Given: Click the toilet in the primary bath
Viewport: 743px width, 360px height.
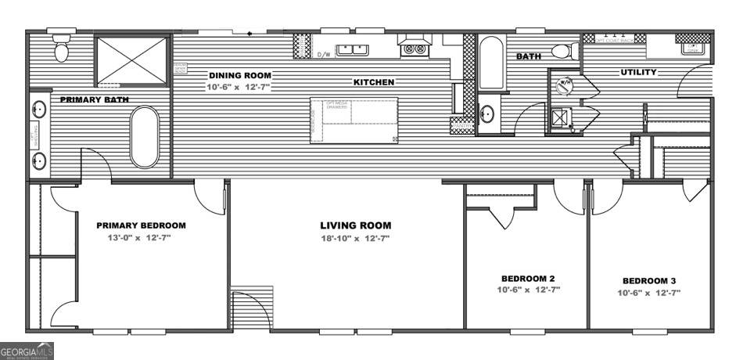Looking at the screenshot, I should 61,49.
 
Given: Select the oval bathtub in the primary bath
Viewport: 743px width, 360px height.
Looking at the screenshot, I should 145,137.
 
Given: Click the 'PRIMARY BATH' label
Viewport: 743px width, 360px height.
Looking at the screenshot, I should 95,99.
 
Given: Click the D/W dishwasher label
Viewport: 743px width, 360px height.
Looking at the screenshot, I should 324,55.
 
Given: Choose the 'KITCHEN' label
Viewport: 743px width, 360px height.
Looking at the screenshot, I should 373,82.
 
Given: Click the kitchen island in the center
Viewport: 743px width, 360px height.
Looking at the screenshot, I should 354,121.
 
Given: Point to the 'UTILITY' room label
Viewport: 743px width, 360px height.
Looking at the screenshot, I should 638,73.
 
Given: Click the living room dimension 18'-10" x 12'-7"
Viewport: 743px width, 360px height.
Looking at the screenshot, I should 355,238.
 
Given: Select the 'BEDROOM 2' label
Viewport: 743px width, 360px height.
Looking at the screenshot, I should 527,278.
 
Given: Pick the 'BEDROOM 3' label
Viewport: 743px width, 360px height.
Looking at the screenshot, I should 649,281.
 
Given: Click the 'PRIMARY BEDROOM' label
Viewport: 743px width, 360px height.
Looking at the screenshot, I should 141,225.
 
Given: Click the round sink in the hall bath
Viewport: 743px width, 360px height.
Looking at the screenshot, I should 486,115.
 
